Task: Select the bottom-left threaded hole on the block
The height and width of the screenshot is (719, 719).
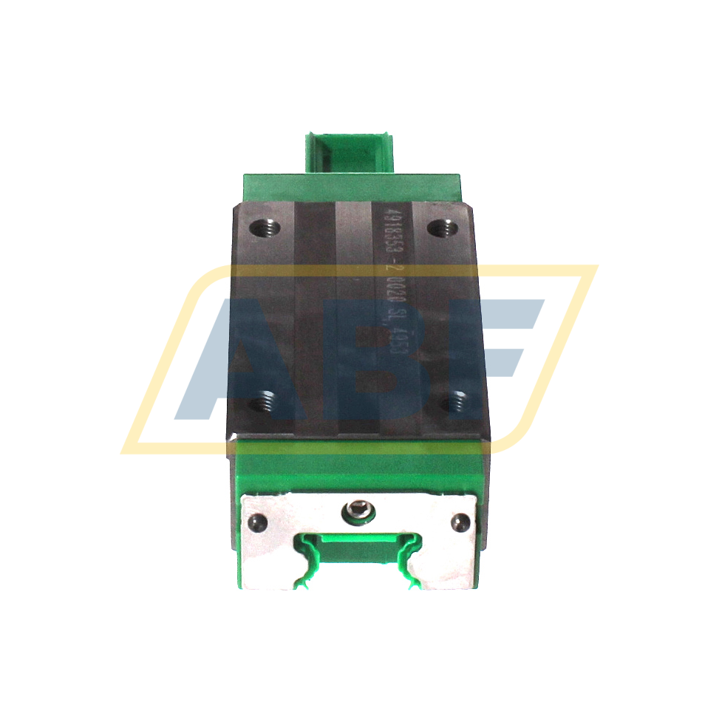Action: click(x=260, y=403)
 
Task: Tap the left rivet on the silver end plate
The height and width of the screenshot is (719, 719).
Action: click(x=258, y=521)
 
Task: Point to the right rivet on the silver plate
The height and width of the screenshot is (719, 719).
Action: click(x=460, y=522)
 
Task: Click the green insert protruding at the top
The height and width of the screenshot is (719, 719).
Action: click(x=353, y=152)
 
